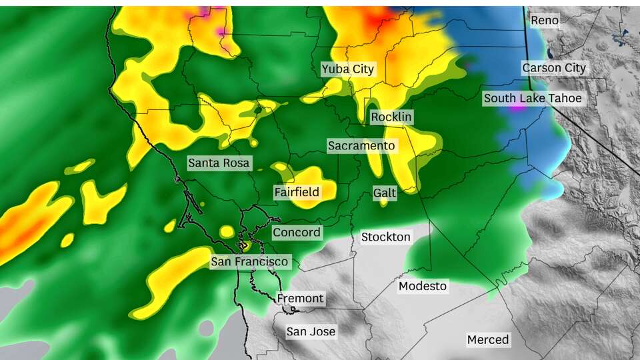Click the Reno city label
[x=544, y=21]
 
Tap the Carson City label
[x=554, y=68]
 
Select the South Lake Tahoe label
[x=533, y=99]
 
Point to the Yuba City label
[x=348, y=69]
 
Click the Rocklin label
[x=392, y=117]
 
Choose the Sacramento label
[x=361, y=146]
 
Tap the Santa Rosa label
[x=219, y=163]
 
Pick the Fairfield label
[x=297, y=192]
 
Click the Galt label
[x=385, y=193]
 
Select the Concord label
[x=297, y=233]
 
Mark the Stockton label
[x=386, y=237]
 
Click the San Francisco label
[x=250, y=262]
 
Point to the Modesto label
[x=423, y=287]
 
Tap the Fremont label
[x=300, y=299]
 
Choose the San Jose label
[x=311, y=331]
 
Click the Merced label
[x=488, y=340]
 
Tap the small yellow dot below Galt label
[x=384, y=203]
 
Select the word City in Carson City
[x=573, y=68]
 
